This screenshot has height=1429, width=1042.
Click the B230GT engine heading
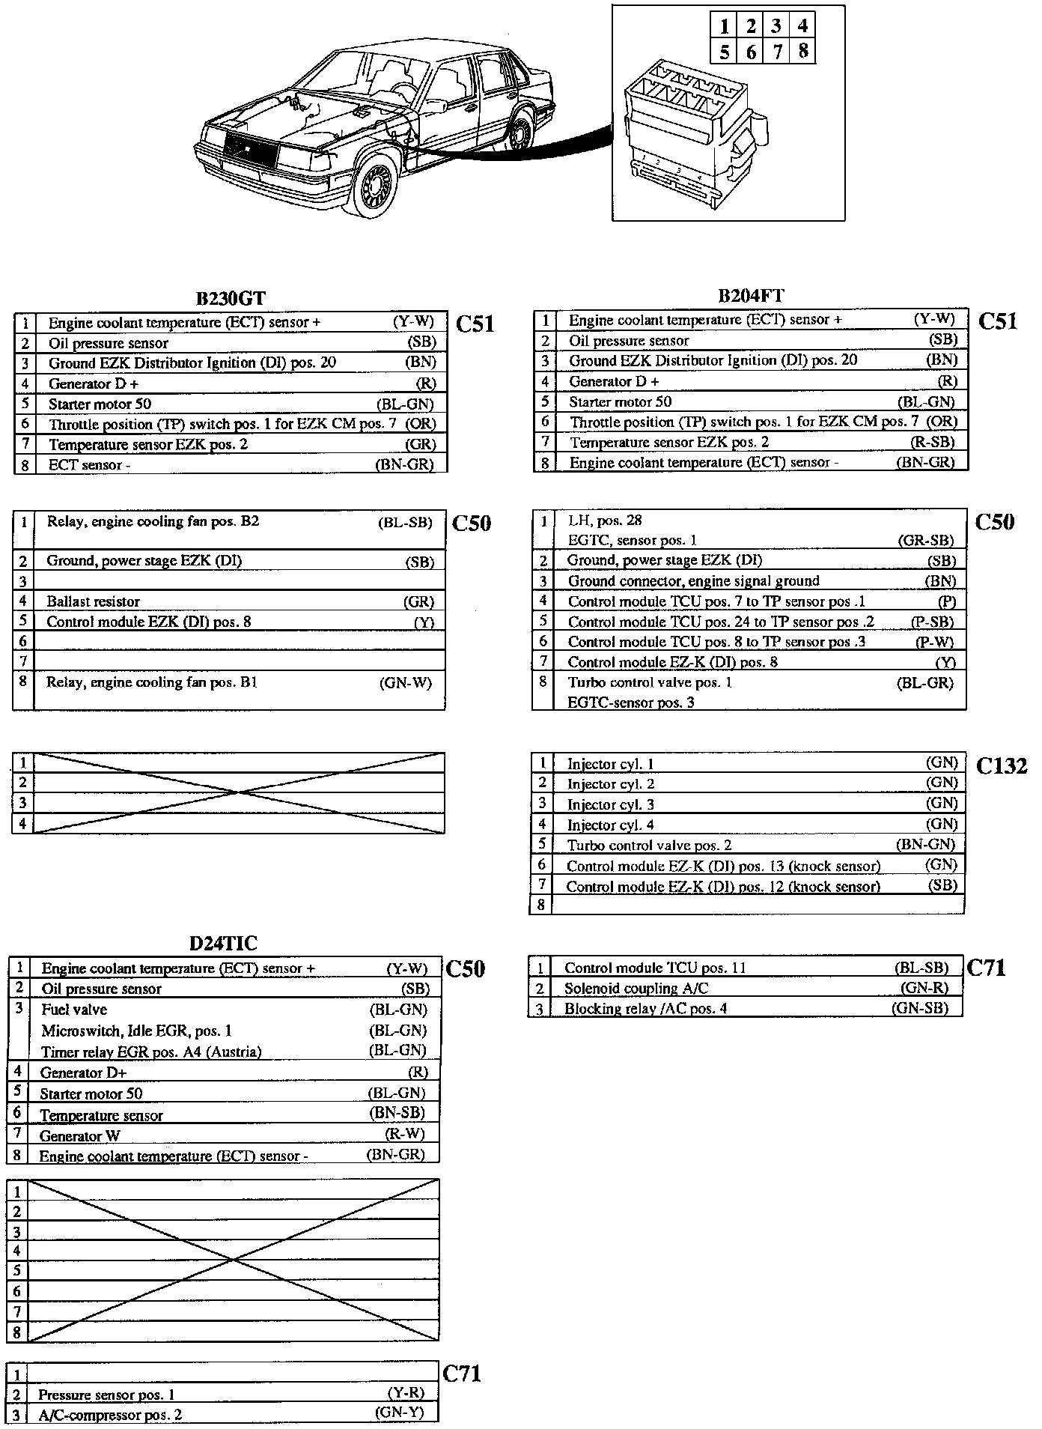(x=231, y=298)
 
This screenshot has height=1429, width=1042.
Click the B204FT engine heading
(x=751, y=295)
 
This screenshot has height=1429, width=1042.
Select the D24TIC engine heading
(x=223, y=943)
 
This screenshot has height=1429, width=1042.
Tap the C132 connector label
(x=1002, y=765)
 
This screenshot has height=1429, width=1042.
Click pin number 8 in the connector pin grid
(x=802, y=52)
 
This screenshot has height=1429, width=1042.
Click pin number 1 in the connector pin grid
(x=724, y=27)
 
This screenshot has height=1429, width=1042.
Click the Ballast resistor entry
(x=93, y=601)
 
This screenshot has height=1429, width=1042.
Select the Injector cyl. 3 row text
(x=611, y=804)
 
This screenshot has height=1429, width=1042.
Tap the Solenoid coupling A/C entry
(x=636, y=988)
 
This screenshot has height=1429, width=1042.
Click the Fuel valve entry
(x=74, y=1010)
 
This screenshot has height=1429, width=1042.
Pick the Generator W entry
(x=80, y=1135)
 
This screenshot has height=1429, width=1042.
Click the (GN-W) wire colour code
(x=405, y=682)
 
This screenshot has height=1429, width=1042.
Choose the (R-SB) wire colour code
(x=932, y=442)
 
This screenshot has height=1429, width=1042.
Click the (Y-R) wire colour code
(x=406, y=1393)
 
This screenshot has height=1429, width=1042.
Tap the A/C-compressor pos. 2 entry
(x=110, y=1415)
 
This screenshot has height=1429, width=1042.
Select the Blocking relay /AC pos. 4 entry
(x=645, y=1008)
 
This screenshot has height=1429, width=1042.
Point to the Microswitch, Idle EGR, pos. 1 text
(x=136, y=1031)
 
